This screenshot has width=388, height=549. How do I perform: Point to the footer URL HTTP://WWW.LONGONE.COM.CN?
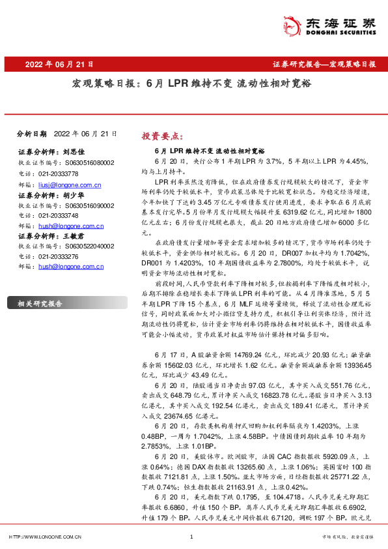44,537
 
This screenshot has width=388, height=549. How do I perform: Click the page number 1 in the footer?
191,537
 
